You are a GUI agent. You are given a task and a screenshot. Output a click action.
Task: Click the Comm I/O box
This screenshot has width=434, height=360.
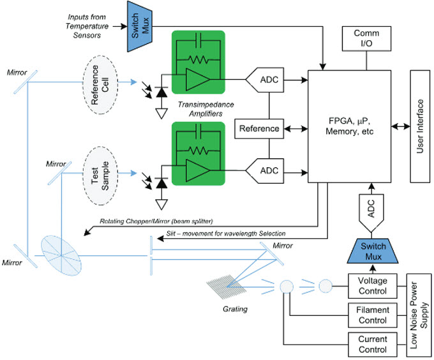point(366,39)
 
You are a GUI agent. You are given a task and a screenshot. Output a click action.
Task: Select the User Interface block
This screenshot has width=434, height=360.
point(420,126)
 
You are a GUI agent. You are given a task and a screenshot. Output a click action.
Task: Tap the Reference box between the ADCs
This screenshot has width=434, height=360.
point(259,129)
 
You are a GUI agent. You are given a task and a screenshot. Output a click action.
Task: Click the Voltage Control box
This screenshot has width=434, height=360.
point(373,286)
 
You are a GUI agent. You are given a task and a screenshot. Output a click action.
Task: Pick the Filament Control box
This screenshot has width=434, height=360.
point(373,315)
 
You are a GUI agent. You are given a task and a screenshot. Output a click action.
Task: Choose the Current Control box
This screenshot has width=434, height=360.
point(373,345)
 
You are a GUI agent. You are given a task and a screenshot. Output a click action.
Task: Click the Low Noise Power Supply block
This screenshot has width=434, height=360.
point(419,315)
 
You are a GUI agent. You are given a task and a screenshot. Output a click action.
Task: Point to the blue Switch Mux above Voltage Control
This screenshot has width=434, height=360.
point(373,251)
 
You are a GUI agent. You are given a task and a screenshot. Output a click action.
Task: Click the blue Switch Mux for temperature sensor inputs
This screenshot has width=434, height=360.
point(140,27)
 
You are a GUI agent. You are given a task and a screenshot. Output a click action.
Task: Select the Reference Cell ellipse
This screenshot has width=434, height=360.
point(100,85)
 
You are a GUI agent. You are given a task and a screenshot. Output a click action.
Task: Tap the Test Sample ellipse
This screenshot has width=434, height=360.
point(100,176)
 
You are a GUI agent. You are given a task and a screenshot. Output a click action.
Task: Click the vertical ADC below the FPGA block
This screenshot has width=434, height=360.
point(371,213)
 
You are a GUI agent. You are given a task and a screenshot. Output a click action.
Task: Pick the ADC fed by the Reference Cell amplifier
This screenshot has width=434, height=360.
point(265,80)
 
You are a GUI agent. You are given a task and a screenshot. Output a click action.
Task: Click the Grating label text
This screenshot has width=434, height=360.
point(235,309)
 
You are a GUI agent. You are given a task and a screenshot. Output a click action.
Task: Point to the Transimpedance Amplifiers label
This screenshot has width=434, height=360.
point(206,109)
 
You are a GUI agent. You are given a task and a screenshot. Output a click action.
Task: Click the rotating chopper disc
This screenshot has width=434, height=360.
point(61,255)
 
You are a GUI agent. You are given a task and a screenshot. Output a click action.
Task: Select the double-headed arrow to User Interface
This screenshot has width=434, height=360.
point(401,126)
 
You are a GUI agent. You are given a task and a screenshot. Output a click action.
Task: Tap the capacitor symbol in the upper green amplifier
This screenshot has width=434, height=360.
point(198,38)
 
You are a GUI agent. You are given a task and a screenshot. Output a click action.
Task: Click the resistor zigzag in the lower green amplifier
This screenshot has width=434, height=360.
point(198,151)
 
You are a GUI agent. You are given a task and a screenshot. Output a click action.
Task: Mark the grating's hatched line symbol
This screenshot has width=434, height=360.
point(226,287)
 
